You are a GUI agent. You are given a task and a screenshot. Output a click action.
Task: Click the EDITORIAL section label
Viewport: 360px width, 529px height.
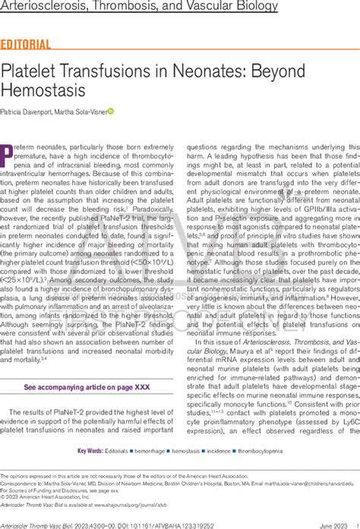click(27, 43)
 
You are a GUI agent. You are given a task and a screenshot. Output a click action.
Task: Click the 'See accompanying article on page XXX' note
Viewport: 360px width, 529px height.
click(88, 387)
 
